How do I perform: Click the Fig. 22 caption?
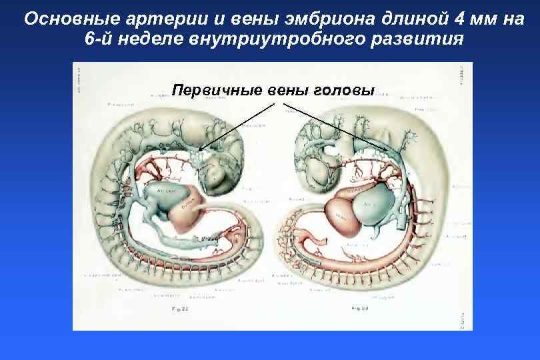click(x=181, y=309)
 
